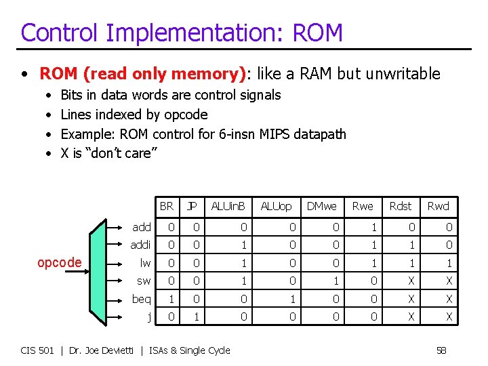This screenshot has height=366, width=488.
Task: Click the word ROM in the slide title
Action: point(317,33)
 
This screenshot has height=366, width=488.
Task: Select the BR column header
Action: point(166,206)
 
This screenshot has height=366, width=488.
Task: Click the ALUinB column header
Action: point(228,206)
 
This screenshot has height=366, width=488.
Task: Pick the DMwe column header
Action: point(321,206)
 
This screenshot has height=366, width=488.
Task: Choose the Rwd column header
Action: point(438,206)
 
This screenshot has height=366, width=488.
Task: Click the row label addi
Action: point(141,245)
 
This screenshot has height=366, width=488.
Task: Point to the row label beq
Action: point(141,299)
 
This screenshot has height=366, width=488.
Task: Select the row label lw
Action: point(144,262)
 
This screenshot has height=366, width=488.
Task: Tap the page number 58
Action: point(441,350)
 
